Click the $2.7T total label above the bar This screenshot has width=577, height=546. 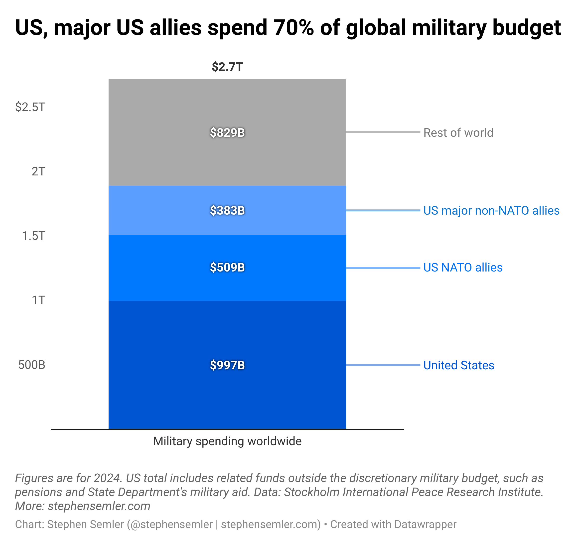point(227,67)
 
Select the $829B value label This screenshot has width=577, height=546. point(227,133)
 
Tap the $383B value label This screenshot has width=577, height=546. point(227,210)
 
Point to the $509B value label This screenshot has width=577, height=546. point(227,268)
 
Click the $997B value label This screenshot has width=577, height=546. point(227,365)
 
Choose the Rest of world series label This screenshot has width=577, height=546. point(458,133)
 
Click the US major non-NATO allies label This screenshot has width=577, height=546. point(491,210)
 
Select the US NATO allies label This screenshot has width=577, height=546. point(463,268)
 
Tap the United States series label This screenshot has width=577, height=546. point(459,365)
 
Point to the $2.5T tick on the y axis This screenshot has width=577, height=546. point(30,107)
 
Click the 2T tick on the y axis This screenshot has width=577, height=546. point(38,171)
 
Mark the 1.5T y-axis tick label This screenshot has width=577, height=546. point(34,236)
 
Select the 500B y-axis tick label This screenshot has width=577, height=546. point(32,365)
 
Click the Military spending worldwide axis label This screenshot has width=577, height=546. point(227,441)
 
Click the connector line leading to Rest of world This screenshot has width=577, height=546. point(383,133)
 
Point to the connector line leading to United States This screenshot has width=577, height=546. point(383,365)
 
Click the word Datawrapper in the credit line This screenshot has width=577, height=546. point(425,524)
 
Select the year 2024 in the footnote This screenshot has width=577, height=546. point(107,478)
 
